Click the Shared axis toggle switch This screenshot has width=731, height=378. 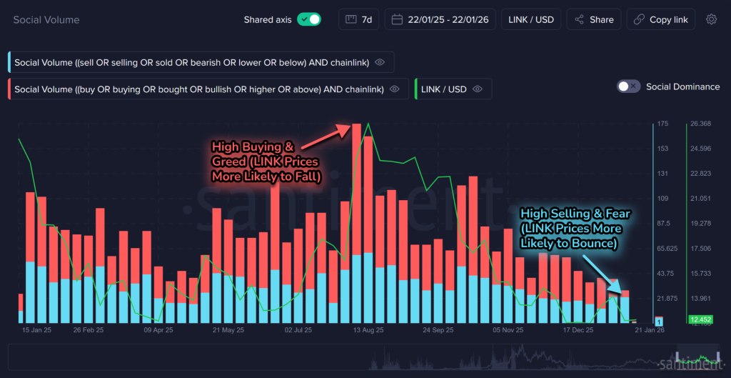click(309, 19)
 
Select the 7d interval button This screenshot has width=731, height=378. click(359, 19)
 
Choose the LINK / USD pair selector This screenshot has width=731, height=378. click(531, 19)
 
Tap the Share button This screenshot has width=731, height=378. click(593, 19)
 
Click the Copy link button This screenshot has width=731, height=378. click(660, 19)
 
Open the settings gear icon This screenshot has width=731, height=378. click(711, 19)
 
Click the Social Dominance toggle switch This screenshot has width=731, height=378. click(628, 86)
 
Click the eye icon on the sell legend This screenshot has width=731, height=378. click(380, 63)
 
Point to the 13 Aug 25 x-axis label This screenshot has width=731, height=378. click(368, 331)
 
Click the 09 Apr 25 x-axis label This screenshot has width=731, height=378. click(158, 331)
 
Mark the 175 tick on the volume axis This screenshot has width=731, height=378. click(662, 124)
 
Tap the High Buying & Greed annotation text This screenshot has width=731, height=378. click(265, 161)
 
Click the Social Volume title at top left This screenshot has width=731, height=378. click(46, 19)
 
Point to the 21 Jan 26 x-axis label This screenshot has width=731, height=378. click(650, 331)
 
